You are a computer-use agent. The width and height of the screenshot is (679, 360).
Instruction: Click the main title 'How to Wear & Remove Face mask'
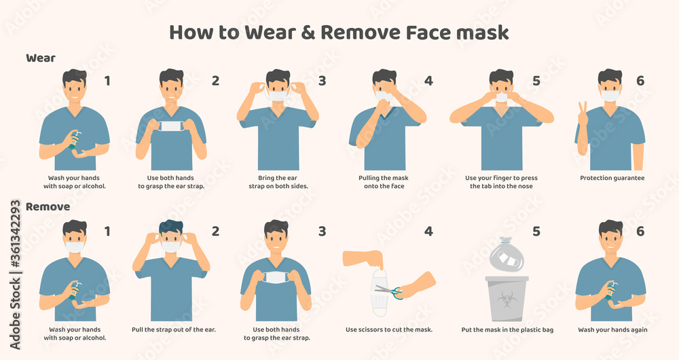pos(339,32)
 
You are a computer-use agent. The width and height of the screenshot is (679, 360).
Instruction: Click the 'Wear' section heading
pos(41,58)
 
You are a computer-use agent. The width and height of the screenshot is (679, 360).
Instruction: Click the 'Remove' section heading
pos(48,206)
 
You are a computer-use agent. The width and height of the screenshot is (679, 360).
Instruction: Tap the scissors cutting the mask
pos(389,292)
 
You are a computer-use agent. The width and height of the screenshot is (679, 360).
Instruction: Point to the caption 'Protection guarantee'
pos(612,178)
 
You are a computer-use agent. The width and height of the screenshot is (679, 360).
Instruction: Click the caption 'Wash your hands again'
pos(612,330)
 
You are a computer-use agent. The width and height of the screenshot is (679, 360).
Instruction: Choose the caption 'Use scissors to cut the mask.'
pos(389,330)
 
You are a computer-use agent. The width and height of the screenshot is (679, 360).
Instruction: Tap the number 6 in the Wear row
pos(640,81)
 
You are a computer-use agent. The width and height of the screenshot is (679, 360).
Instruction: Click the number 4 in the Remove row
pos(428,231)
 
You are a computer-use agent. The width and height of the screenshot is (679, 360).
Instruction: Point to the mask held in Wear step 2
pos(171,126)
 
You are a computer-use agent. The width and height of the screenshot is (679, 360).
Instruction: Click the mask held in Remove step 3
pos(276,277)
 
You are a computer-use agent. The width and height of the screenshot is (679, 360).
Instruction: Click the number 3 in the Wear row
pos(322,81)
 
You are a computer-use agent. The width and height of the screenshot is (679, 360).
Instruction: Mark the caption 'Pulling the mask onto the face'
pos(389,182)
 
